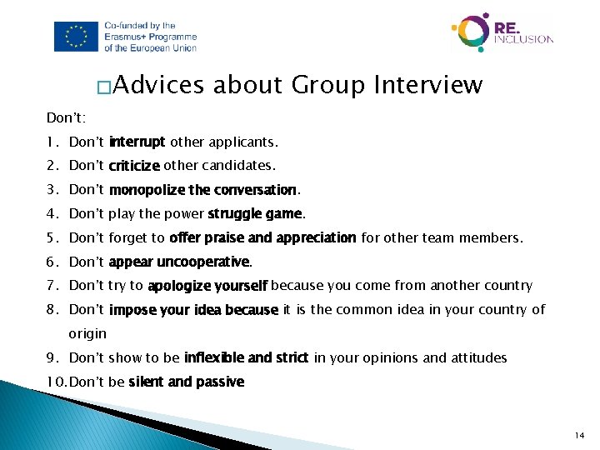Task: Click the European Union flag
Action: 76,37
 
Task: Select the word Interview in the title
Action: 428,85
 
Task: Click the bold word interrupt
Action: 137,142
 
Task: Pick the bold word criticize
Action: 134,166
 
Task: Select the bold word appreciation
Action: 316,237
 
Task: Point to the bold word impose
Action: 130,310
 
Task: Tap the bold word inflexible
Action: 214,357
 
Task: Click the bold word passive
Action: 220,382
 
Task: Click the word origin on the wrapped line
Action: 87,333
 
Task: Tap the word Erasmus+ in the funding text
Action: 127,37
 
